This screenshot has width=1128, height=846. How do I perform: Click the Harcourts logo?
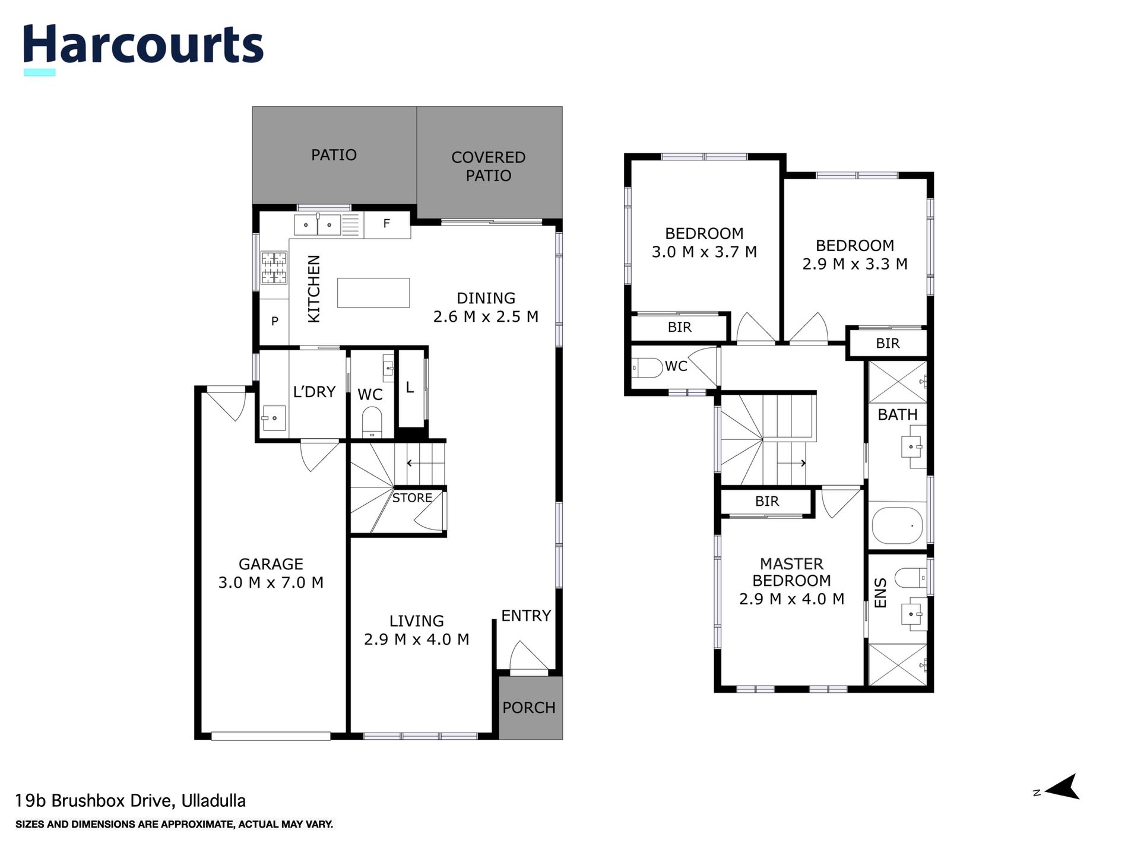tap(142, 46)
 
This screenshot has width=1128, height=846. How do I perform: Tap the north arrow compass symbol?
tap(1062, 787)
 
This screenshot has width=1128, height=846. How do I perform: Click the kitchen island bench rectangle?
tap(373, 293)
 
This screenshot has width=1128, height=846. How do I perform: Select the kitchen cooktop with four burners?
tap(274, 267)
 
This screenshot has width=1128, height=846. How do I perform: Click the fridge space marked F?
tap(386, 224)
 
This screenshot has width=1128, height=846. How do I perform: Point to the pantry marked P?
tap(274, 321)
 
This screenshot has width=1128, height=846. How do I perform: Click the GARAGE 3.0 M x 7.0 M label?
tap(271, 573)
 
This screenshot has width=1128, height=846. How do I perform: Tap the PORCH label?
tap(528, 708)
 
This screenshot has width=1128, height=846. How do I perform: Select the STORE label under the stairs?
tap(411, 498)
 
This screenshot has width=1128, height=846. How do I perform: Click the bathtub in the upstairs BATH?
tap(896, 525)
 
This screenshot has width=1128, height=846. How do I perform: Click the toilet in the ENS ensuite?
tap(908, 576)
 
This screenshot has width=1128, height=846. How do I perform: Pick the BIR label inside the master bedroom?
tap(766, 501)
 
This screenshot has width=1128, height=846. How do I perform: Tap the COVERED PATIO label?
tap(488, 166)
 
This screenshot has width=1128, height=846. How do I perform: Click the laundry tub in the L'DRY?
tap(274, 418)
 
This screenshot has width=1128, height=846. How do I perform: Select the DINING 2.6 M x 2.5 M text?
tap(486, 308)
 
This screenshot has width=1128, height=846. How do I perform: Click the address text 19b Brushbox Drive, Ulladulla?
tap(130, 801)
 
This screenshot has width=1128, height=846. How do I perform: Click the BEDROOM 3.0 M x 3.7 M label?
tap(704, 243)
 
